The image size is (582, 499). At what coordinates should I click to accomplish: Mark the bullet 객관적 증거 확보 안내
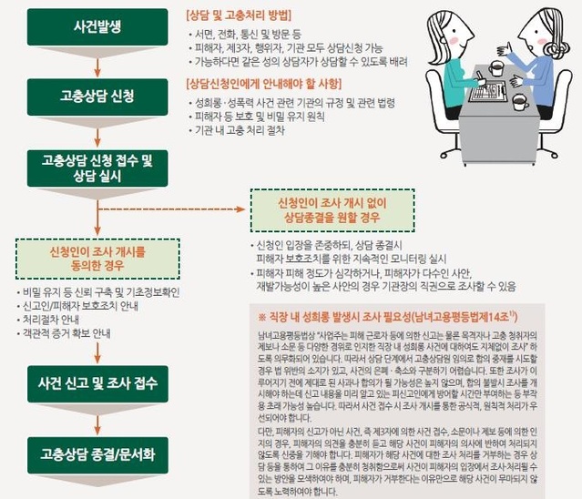69,334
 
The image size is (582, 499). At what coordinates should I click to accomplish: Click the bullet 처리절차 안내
56,321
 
